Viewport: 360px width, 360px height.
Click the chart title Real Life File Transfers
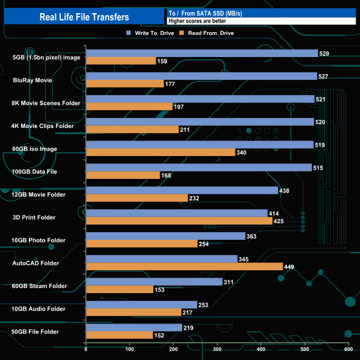(84, 17)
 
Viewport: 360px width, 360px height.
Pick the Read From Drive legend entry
(208, 33)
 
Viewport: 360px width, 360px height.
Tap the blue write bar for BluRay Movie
(201, 76)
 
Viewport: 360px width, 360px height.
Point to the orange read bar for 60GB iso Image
(161, 152)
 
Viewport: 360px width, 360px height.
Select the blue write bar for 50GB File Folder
(134, 327)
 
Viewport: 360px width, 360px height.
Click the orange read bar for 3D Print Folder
(179, 221)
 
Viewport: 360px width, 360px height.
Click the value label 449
(289, 266)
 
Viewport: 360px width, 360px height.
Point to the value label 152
(159, 335)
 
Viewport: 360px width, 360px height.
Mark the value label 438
(284, 191)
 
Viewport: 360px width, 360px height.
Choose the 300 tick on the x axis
(217, 349)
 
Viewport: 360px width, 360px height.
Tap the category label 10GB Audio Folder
(39, 309)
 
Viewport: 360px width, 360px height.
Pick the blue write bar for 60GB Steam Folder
(154, 282)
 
